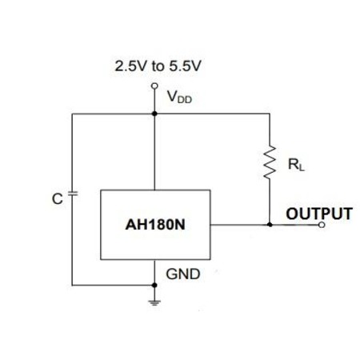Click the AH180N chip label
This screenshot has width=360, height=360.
[155, 225]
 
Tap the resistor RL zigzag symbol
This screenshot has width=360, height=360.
[270, 162]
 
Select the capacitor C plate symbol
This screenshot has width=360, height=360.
[73, 194]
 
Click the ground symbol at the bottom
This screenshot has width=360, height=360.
[154, 302]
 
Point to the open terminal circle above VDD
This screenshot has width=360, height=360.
[154, 86]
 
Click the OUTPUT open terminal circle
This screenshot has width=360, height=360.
[322, 225]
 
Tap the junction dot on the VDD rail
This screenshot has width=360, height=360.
[154, 114]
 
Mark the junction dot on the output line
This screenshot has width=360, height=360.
[270, 225]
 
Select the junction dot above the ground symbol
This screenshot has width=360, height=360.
[154, 285]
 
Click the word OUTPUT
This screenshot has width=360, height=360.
[319, 214]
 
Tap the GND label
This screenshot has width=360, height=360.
[183, 274]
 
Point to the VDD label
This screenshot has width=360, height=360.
[179, 97]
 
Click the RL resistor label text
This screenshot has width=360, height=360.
[296, 164]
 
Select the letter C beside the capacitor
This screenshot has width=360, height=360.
[58, 198]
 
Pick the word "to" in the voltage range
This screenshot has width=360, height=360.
[158, 66]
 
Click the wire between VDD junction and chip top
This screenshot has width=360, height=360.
[154, 152]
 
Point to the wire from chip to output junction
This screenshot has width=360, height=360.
[240, 225]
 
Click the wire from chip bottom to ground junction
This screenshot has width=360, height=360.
[154, 272]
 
